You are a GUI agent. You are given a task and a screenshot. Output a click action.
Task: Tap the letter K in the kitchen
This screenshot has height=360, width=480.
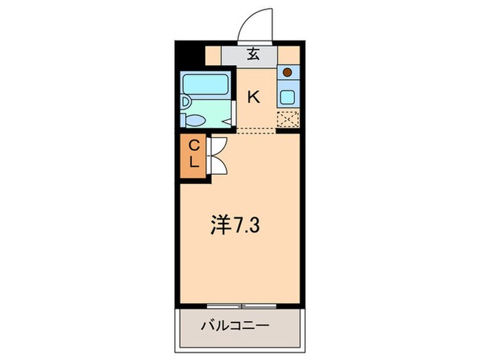pos(254,97)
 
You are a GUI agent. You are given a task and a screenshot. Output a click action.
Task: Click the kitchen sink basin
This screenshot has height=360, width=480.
pos(287,97)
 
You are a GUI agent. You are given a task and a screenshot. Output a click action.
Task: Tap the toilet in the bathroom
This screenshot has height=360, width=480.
pos(195,120)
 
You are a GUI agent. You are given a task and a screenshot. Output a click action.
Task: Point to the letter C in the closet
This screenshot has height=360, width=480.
pos(193,145)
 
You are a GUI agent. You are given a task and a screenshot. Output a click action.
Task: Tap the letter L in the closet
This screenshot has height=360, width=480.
pos(193,163)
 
